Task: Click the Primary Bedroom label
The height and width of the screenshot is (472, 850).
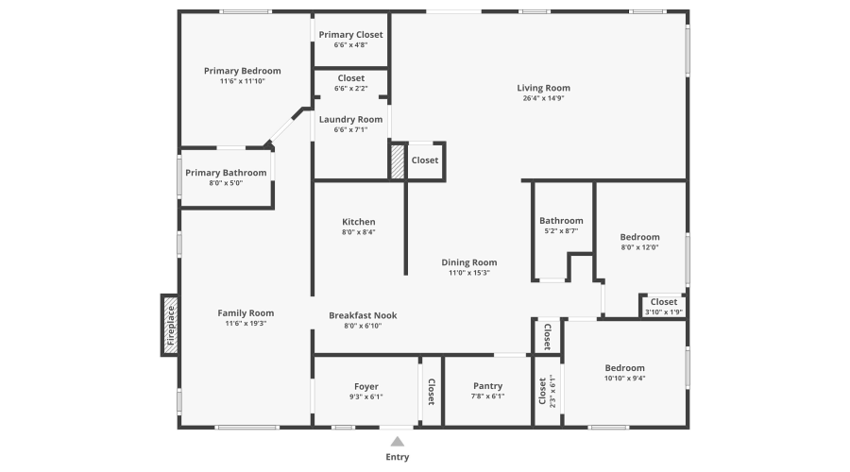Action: [x=243, y=71]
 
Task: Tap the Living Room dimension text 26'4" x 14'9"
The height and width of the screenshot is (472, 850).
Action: [x=543, y=98]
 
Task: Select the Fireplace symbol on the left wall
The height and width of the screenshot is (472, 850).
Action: [x=171, y=326]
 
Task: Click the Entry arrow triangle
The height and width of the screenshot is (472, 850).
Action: [x=398, y=441]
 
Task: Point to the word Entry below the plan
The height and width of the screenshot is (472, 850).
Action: [x=398, y=458]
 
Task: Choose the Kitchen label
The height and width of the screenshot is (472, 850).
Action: [x=358, y=222]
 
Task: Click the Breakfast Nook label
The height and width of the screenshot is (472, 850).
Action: [x=363, y=315]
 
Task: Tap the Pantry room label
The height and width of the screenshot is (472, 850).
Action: [x=487, y=386]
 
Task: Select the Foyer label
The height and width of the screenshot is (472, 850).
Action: [x=365, y=386]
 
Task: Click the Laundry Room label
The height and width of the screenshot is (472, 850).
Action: [x=350, y=119]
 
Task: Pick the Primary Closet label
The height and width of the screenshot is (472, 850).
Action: [x=350, y=35]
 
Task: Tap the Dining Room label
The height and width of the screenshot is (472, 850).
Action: [x=468, y=262]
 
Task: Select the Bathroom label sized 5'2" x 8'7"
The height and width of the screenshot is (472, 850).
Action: [x=561, y=221]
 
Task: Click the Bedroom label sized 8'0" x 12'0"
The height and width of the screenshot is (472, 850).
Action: [x=639, y=237]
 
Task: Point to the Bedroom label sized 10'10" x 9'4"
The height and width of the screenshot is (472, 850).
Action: [x=624, y=368]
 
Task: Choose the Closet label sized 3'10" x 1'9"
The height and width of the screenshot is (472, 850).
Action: [x=663, y=302]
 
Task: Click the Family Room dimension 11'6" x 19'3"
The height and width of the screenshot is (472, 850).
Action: [x=246, y=324]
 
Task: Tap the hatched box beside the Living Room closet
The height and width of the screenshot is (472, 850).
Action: [x=398, y=160]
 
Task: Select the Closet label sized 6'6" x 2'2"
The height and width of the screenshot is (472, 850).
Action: [x=350, y=78]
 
